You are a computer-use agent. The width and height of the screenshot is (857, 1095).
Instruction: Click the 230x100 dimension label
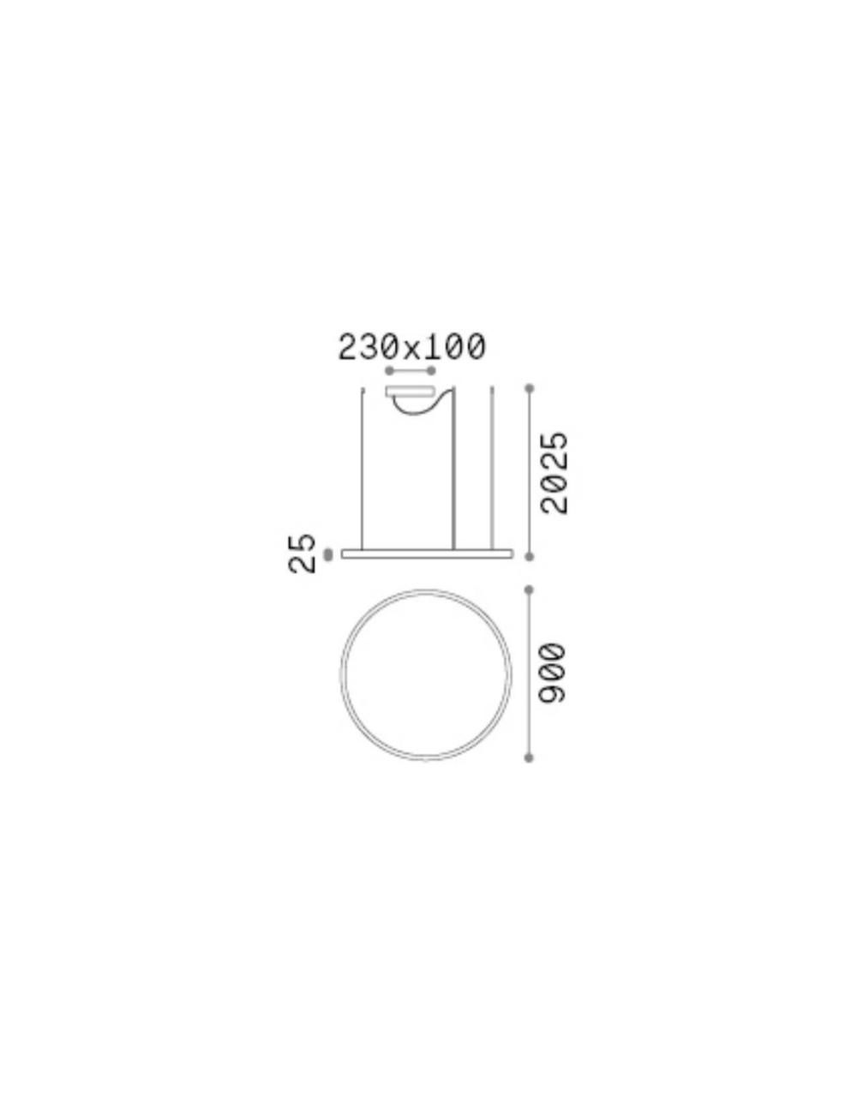click(411, 348)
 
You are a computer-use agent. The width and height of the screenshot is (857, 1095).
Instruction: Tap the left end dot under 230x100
click(389, 371)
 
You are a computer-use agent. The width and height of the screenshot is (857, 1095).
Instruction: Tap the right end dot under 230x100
click(431, 371)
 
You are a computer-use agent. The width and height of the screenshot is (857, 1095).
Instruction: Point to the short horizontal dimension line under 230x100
click(411, 371)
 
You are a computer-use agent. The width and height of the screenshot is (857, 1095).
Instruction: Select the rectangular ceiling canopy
click(411, 392)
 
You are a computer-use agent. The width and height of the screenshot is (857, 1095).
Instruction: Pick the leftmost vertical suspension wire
click(363, 468)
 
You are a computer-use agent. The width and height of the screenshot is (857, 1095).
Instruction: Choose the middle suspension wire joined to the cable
click(454, 468)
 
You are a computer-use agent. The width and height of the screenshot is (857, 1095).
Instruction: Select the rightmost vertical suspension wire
click(492, 468)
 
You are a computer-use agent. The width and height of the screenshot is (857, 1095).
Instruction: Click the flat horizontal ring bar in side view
click(427, 554)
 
